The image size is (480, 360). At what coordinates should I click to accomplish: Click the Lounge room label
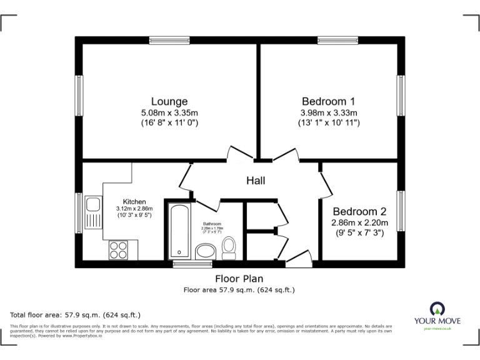coord(169,101)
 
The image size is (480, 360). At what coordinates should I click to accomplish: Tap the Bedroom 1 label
coord(328,101)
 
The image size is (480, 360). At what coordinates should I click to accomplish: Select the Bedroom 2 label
coord(359,211)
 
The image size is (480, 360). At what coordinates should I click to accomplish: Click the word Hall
coord(256,181)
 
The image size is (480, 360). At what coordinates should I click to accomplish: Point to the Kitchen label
coord(134,201)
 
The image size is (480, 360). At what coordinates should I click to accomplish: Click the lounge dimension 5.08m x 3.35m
coord(169,112)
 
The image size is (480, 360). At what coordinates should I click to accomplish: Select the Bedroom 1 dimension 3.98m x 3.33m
coord(328,112)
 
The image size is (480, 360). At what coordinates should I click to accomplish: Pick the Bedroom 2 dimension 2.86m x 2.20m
coord(359,222)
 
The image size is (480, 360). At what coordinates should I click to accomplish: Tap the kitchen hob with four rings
coord(118,249)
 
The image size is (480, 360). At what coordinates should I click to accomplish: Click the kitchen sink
coord(93,205)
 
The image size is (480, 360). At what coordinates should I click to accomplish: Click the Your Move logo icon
coord(437,307)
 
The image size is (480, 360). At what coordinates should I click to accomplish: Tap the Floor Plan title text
coord(239,279)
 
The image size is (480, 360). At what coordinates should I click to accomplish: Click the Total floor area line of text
coord(75,314)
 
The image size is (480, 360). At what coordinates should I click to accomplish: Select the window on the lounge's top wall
coord(169,41)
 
